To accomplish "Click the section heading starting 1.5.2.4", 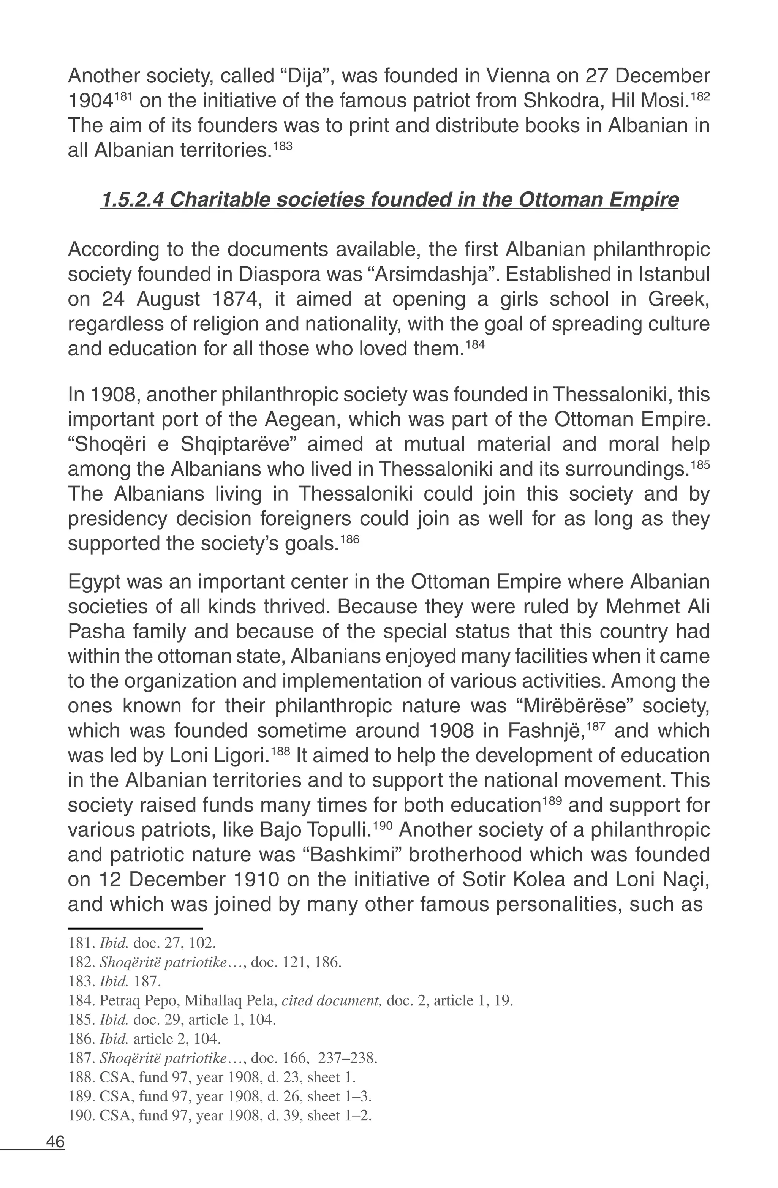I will click(x=389, y=200).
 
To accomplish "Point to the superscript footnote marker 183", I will click(x=283, y=147).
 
